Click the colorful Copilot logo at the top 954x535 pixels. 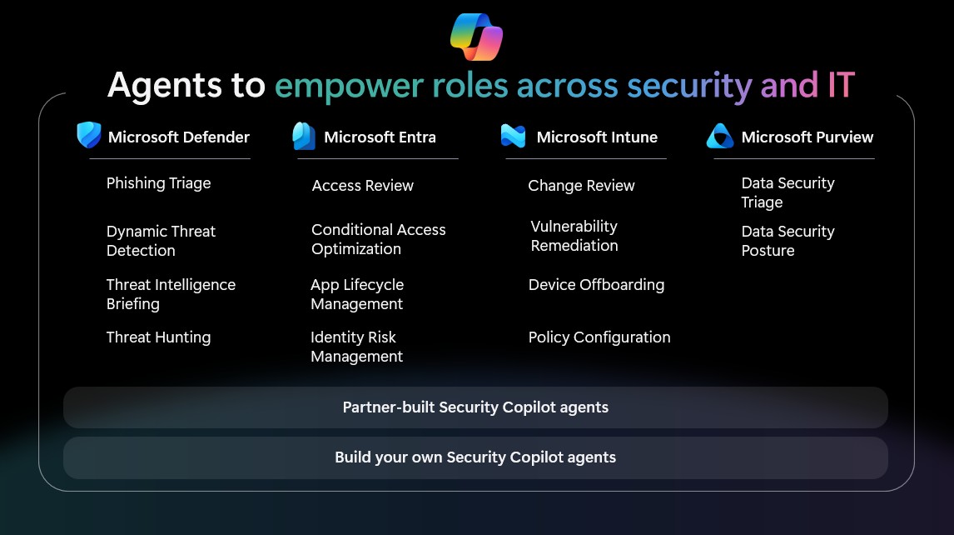coord(476,37)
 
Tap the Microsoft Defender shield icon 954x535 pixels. coord(89,135)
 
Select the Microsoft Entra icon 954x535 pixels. coord(304,136)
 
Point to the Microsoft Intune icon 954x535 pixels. coord(513,136)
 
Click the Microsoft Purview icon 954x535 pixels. coord(720,136)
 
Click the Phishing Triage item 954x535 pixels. coord(158,183)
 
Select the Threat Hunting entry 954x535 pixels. coord(158,337)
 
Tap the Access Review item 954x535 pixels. coord(363,186)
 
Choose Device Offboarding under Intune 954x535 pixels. coord(596,285)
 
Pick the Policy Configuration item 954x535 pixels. coord(599,337)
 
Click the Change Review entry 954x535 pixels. coord(581,186)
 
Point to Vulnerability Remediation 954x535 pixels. coord(574,236)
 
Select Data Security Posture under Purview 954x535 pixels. coord(788,242)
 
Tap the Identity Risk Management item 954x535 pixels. coord(356,347)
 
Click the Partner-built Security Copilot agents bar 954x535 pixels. coord(475,407)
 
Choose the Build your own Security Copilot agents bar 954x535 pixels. coord(475,457)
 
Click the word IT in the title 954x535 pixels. coord(842,85)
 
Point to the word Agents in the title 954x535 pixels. coord(164,85)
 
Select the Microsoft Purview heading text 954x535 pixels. coord(807,137)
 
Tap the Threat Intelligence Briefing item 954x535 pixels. coord(171,294)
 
